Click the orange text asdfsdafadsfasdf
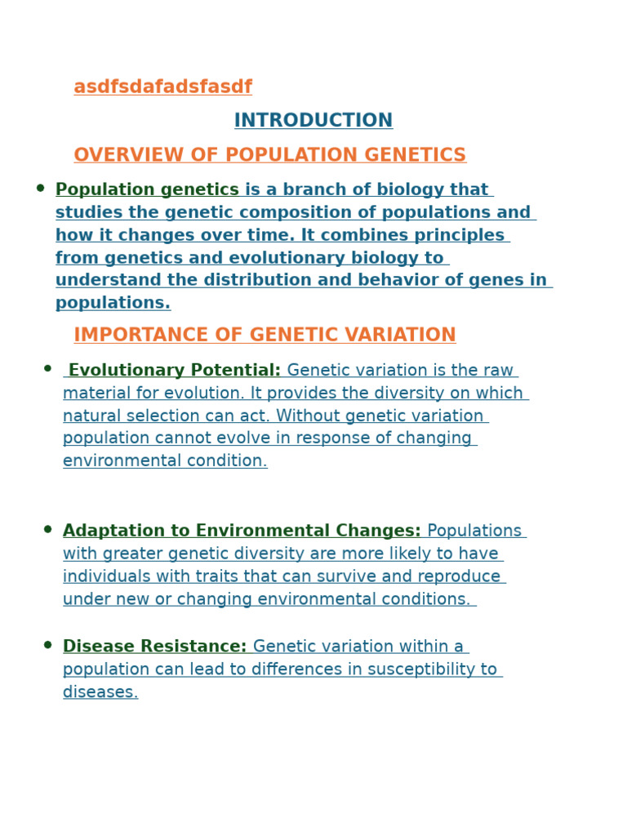tap(162, 87)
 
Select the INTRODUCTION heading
tap(313, 121)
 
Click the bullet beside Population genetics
tap(41, 189)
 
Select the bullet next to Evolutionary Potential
tap(48, 369)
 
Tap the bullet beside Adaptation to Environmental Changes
tap(48, 529)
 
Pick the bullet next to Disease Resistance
tap(48, 645)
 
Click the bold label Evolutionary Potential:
tap(174, 371)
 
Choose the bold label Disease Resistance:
tap(154, 647)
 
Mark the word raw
tap(499, 371)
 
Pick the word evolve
tap(237, 438)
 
